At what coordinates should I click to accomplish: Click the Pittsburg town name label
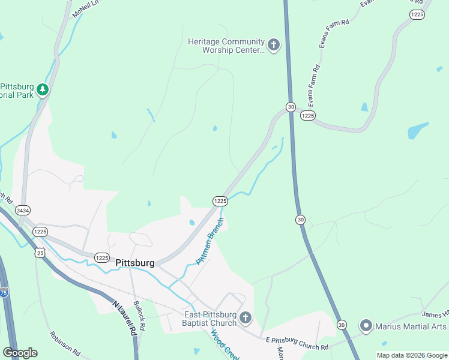point(134,263)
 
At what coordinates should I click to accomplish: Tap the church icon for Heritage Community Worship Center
point(274,46)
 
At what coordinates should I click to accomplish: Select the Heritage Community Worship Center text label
point(226,46)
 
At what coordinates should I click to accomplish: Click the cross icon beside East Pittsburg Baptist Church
point(245,318)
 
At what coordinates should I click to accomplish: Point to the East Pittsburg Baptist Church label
point(210,319)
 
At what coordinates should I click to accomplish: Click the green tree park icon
point(42,90)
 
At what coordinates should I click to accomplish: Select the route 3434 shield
point(23,211)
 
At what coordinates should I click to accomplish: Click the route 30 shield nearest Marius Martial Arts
point(342,325)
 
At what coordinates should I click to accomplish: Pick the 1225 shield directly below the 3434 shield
point(40,232)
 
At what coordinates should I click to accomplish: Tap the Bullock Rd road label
point(139,316)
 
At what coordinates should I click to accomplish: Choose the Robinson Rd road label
point(65,344)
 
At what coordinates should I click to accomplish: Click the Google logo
point(20,353)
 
